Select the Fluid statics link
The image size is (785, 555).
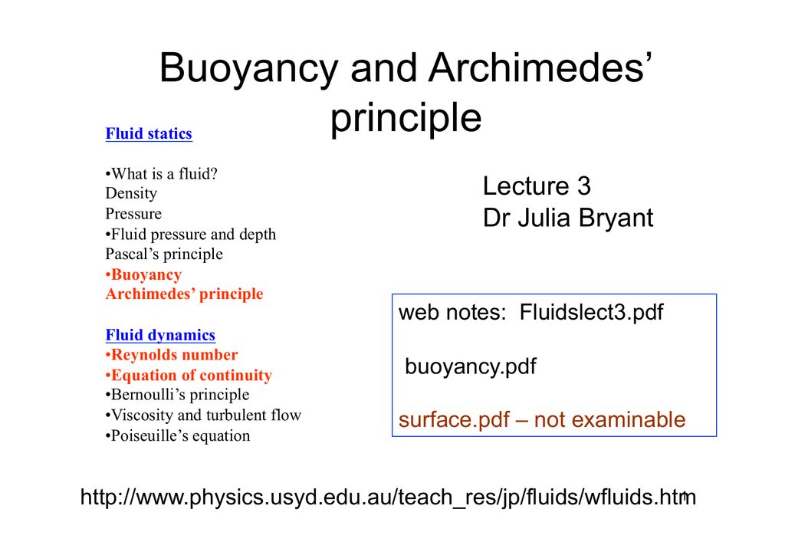(x=149, y=133)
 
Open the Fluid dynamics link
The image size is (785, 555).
(x=160, y=335)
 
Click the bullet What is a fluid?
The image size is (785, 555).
(x=161, y=174)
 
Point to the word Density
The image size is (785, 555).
(x=131, y=194)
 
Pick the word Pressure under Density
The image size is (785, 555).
(x=133, y=214)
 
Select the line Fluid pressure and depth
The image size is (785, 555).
(x=190, y=235)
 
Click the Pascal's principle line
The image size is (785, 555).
(x=164, y=255)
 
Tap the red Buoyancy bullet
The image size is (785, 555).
(x=143, y=274)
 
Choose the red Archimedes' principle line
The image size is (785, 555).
(x=184, y=294)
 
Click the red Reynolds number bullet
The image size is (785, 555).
(x=172, y=355)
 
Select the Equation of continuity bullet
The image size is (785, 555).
(x=189, y=376)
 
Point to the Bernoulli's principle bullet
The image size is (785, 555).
(x=177, y=395)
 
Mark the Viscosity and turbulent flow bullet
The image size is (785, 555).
(x=203, y=415)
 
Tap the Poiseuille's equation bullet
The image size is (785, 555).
(x=178, y=436)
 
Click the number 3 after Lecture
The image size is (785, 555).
(x=583, y=186)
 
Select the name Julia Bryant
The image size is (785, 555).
(x=585, y=218)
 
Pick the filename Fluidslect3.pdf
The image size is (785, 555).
(x=591, y=312)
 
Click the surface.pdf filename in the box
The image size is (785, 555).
(x=454, y=420)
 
